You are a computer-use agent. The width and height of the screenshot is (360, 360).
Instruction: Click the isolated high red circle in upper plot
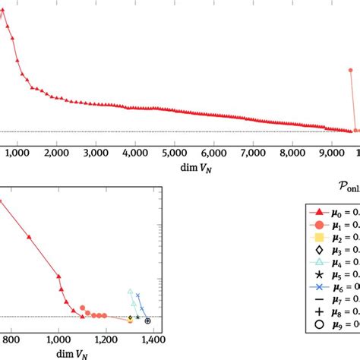[x=351, y=71]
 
